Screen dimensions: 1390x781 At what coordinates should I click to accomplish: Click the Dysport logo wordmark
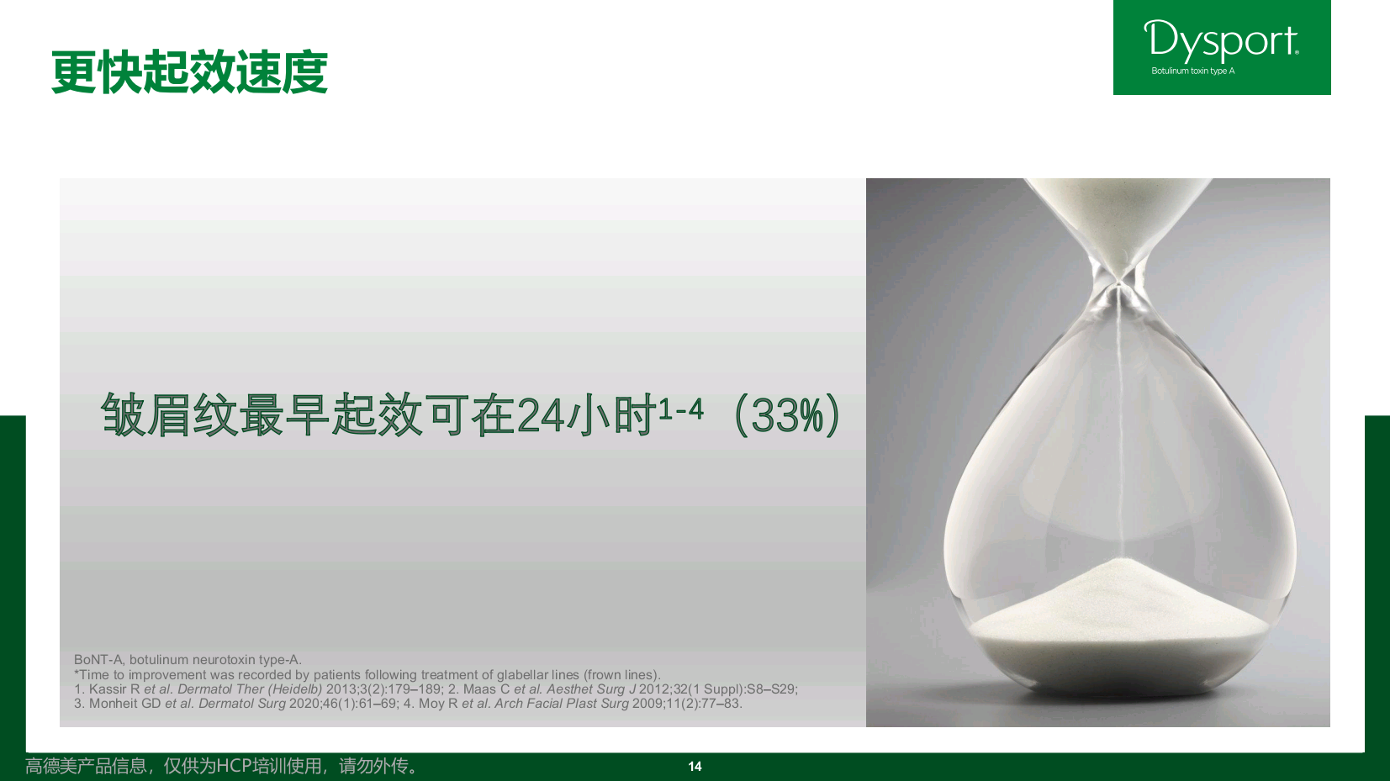tap(1221, 40)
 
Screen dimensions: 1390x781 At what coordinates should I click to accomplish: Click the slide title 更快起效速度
tap(189, 72)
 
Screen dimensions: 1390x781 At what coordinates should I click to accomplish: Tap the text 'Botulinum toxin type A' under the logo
tap(1192, 71)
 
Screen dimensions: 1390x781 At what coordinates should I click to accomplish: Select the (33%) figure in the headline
tap(787, 415)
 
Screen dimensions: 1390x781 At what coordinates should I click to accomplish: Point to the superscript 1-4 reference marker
tap(680, 409)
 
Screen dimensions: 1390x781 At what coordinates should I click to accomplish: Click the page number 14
tap(695, 767)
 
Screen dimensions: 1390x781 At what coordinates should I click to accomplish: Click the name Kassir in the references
tap(108, 689)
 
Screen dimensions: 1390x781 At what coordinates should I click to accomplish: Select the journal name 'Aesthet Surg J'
tap(590, 689)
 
